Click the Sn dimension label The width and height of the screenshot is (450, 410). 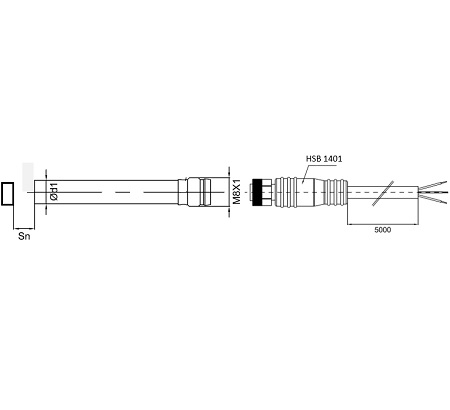tap(24, 236)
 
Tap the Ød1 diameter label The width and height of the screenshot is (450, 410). tap(54, 192)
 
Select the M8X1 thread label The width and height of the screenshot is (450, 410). tap(236, 193)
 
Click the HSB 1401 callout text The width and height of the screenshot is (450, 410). tap(324, 159)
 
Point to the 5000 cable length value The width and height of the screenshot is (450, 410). tap(382, 230)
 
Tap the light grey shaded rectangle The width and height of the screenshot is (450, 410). tap(28, 177)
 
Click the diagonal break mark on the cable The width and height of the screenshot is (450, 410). tap(383, 193)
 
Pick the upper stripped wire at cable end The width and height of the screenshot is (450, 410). tap(433, 185)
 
